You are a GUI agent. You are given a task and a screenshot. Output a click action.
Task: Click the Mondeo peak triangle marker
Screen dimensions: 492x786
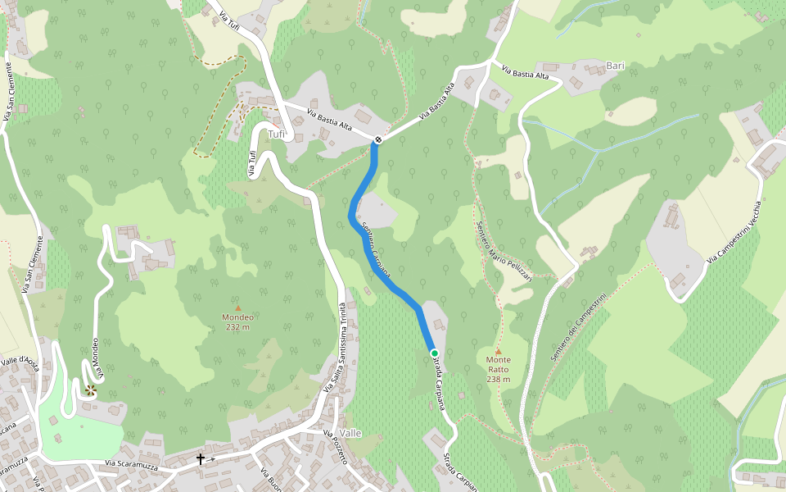click(238, 308)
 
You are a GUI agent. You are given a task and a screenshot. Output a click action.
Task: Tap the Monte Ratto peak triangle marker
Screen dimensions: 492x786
click(498, 351)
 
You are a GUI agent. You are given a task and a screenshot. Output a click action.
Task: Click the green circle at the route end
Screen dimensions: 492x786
click(435, 353)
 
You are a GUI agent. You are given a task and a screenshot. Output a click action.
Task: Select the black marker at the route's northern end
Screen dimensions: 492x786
click(377, 139)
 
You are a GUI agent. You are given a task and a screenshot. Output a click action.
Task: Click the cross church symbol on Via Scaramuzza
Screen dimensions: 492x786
click(201, 459)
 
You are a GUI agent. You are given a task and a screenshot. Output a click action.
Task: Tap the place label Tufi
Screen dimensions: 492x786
click(278, 134)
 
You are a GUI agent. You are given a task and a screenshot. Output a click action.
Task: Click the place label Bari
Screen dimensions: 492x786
click(615, 65)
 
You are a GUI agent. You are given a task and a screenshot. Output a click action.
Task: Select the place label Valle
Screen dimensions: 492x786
click(350, 433)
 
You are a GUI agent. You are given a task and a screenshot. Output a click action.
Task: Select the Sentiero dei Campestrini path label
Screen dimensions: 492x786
click(578, 328)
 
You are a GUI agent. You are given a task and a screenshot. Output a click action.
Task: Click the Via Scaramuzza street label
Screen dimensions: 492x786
click(133, 465)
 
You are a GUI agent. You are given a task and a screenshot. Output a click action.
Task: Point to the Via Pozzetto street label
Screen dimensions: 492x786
click(336, 447)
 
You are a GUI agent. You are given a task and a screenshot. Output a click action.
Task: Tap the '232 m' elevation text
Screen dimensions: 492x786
click(238, 326)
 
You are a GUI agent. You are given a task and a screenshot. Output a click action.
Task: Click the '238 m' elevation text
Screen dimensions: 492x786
click(498, 379)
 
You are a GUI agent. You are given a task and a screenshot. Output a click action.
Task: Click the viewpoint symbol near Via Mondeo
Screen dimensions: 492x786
click(90, 390)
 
